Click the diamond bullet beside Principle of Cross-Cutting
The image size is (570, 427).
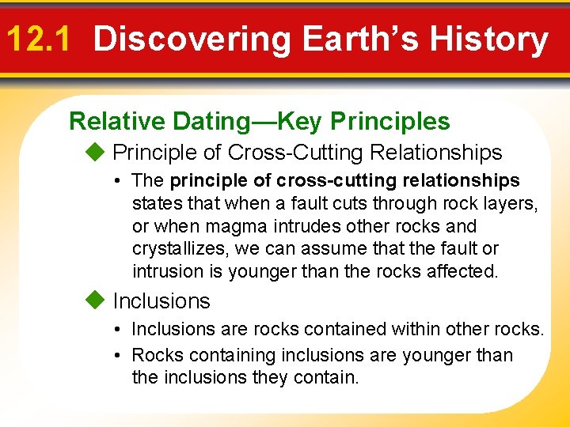(94, 152)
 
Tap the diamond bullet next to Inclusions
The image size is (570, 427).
(94, 300)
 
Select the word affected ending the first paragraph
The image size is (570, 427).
(465, 271)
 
